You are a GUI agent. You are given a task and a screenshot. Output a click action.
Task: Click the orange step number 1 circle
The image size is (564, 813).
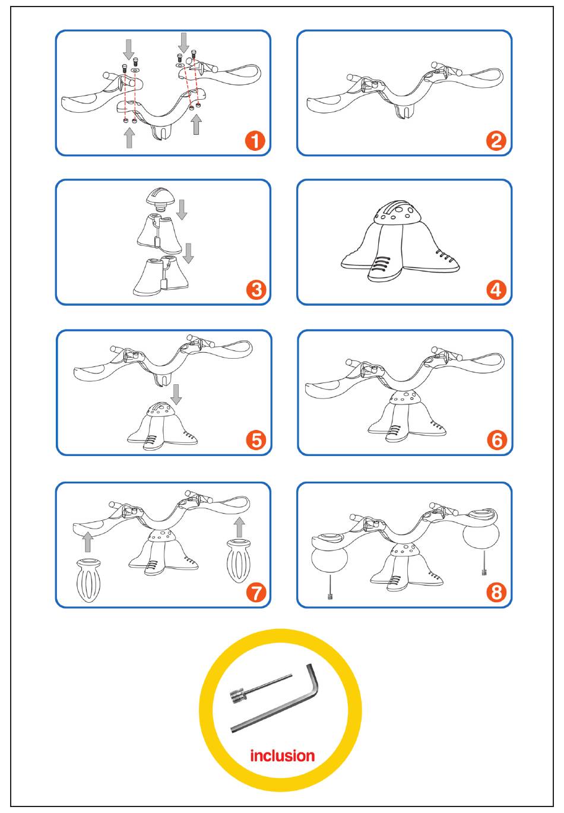click(x=255, y=140)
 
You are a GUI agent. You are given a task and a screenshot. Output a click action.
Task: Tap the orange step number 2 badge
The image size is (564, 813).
click(x=496, y=141)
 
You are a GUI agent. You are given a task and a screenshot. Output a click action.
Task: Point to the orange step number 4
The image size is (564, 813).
click(x=496, y=290)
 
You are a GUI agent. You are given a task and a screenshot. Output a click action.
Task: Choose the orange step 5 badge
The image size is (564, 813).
click(x=256, y=440)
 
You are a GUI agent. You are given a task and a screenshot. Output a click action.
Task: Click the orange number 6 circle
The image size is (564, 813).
click(x=497, y=440)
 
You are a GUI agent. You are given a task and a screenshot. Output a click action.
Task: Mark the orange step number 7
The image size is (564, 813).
click(x=256, y=593)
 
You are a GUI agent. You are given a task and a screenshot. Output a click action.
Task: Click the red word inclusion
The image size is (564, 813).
click(x=282, y=755)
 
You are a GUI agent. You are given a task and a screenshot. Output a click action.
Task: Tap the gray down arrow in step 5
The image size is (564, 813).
click(x=176, y=394)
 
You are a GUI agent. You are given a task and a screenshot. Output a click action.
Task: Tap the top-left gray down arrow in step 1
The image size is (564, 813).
click(x=128, y=50)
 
